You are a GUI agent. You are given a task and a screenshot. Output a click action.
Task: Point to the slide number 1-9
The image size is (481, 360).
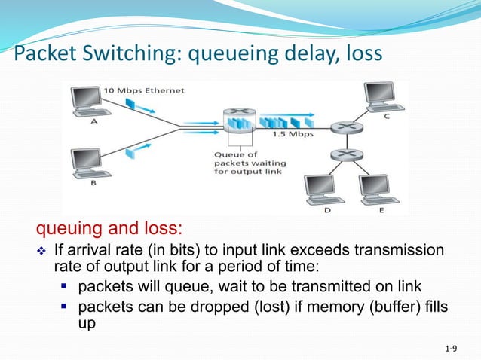click(x=452, y=348)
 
